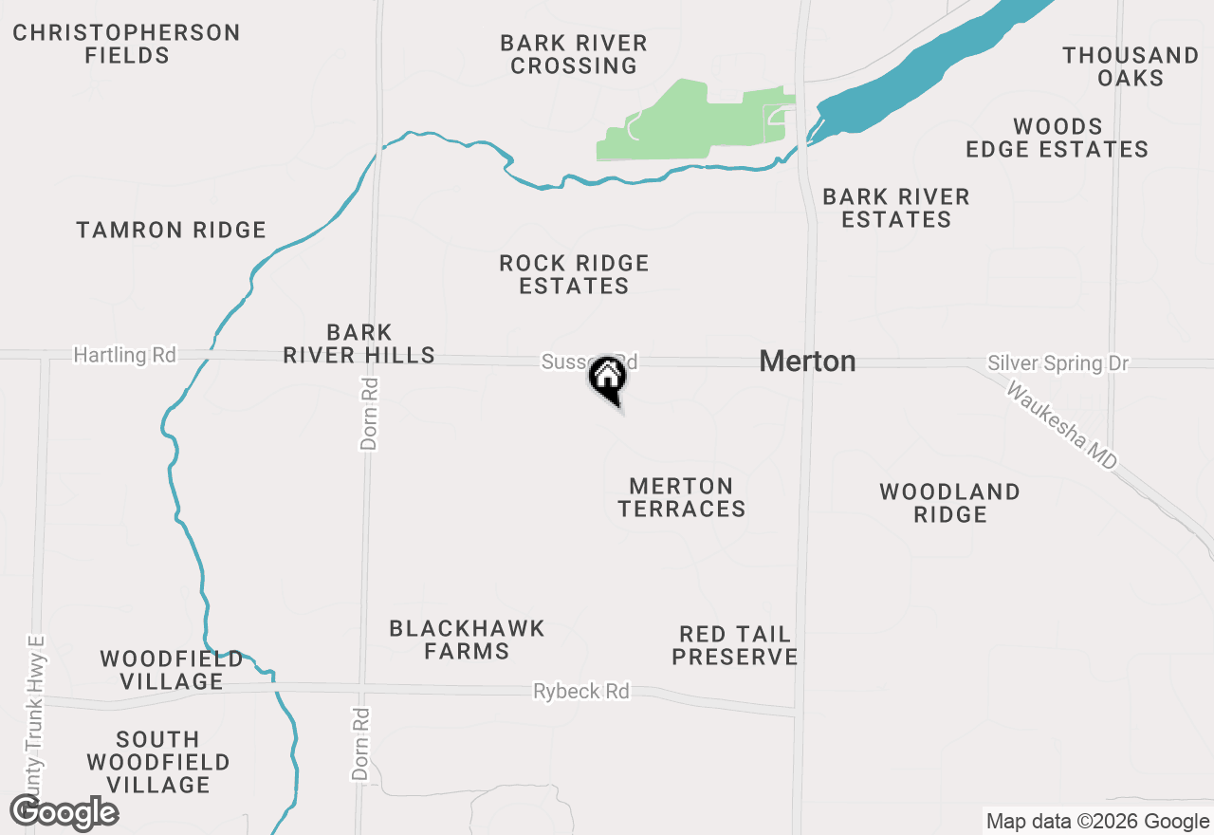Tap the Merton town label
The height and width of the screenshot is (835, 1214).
pyautogui.click(x=807, y=362)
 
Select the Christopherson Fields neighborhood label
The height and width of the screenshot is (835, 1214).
pyautogui.click(x=126, y=44)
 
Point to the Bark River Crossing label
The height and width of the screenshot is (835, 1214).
pyautogui.click(x=574, y=54)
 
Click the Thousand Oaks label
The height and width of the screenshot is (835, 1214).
pyautogui.click(x=1131, y=66)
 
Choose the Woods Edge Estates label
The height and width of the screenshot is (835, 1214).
pyautogui.click(x=1057, y=138)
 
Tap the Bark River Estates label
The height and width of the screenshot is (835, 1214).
pyautogui.click(x=895, y=208)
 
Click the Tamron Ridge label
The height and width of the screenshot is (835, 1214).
pyautogui.click(x=171, y=230)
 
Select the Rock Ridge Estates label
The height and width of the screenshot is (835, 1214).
pyautogui.click(x=574, y=274)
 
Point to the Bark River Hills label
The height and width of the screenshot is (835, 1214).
pyautogui.click(x=359, y=343)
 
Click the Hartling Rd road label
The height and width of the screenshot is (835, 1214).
pyautogui.click(x=125, y=355)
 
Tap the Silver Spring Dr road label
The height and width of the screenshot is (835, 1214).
pyautogui.click(x=1058, y=363)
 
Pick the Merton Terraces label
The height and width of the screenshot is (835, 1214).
pyautogui.click(x=681, y=497)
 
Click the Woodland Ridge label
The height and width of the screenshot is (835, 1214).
pyautogui.click(x=949, y=503)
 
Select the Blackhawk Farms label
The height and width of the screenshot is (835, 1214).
pyautogui.click(x=467, y=640)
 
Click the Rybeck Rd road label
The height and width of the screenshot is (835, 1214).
pyautogui.click(x=580, y=691)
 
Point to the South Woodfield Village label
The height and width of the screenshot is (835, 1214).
pyautogui.click(x=158, y=762)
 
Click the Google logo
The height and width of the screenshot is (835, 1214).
pyautogui.click(x=64, y=812)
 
